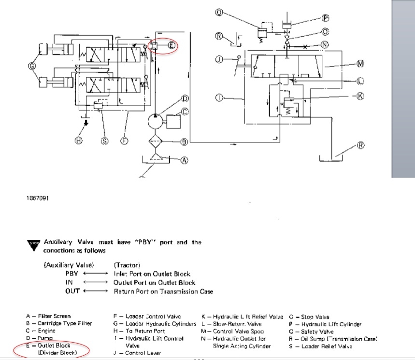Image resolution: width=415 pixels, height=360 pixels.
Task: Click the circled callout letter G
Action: click(x=32, y=66)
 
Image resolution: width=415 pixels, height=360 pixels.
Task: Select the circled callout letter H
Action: click(x=79, y=140)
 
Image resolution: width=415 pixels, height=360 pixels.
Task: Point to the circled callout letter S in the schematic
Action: click(x=104, y=140)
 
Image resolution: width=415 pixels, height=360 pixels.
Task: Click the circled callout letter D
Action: click(x=184, y=99)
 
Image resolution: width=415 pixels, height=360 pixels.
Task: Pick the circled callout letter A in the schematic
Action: click(x=184, y=160)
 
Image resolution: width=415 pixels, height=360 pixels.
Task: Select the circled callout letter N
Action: click(x=325, y=45)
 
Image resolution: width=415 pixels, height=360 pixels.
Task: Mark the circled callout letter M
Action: click(x=359, y=63)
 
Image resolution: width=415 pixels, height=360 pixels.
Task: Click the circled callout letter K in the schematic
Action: click(x=359, y=96)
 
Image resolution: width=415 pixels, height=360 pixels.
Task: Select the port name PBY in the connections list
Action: click(x=72, y=274)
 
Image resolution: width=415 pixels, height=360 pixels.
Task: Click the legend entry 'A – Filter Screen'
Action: click(x=48, y=317)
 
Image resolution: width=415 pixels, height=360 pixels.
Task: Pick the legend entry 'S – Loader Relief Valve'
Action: click(x=321, y=346)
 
